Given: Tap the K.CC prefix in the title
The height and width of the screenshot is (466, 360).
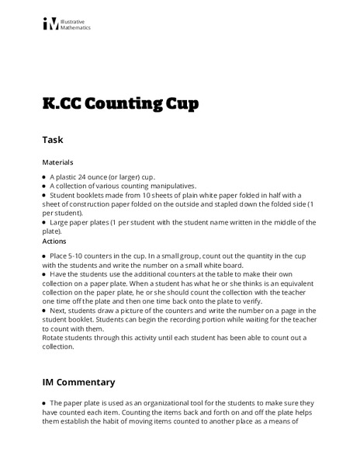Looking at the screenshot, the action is click(x=64, y=105).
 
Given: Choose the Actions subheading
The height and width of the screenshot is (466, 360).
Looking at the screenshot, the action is click(x=55, y=240).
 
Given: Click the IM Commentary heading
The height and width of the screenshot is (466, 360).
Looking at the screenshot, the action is click(x=78, y=382).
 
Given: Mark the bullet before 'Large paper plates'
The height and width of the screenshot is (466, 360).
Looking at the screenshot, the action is click(x=44, y=222).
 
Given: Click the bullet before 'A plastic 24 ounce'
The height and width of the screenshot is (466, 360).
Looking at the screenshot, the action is click(x=44, y=177).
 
